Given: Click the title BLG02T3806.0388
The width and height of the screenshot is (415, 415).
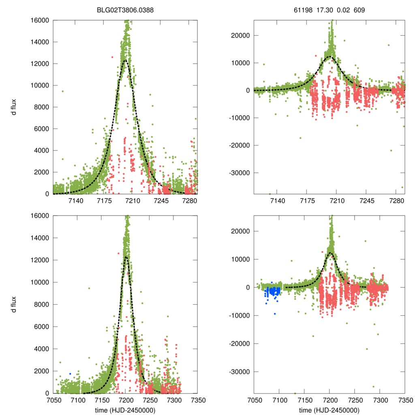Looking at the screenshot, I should click(x=125, y=9).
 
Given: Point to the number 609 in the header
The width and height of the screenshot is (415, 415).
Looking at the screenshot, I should click(x=359, y=9).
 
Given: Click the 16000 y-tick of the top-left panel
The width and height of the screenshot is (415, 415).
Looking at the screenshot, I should click(x=40, y=20).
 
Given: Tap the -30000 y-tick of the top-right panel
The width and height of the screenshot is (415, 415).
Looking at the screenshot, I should click(x=240, y=173).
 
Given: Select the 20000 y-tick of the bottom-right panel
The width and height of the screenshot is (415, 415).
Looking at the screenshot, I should click(x=241, y=231).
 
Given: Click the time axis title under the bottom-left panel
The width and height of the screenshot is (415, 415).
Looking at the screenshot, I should click(x=125, y=410).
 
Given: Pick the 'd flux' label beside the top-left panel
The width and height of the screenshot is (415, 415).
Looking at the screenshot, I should click(x=14, y=107).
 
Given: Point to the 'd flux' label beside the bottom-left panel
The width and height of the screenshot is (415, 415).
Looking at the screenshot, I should click(x=14, y=304).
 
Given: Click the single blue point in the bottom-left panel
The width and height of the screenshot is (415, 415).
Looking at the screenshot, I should click(x=70, y=373).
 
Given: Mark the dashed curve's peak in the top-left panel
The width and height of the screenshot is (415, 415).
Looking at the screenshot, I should click(x=125, y=60).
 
